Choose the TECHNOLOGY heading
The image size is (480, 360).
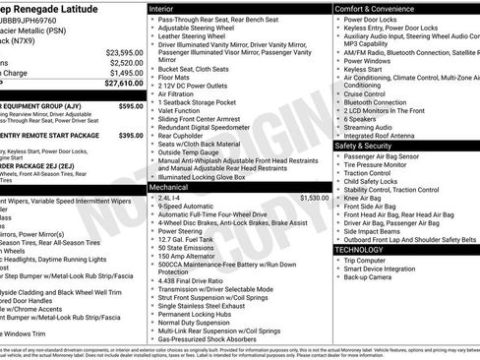click(360, 250)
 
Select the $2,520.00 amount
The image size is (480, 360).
click(128, 62)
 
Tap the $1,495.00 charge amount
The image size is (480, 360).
click(128, 73)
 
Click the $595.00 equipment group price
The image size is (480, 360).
click(131, 104)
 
